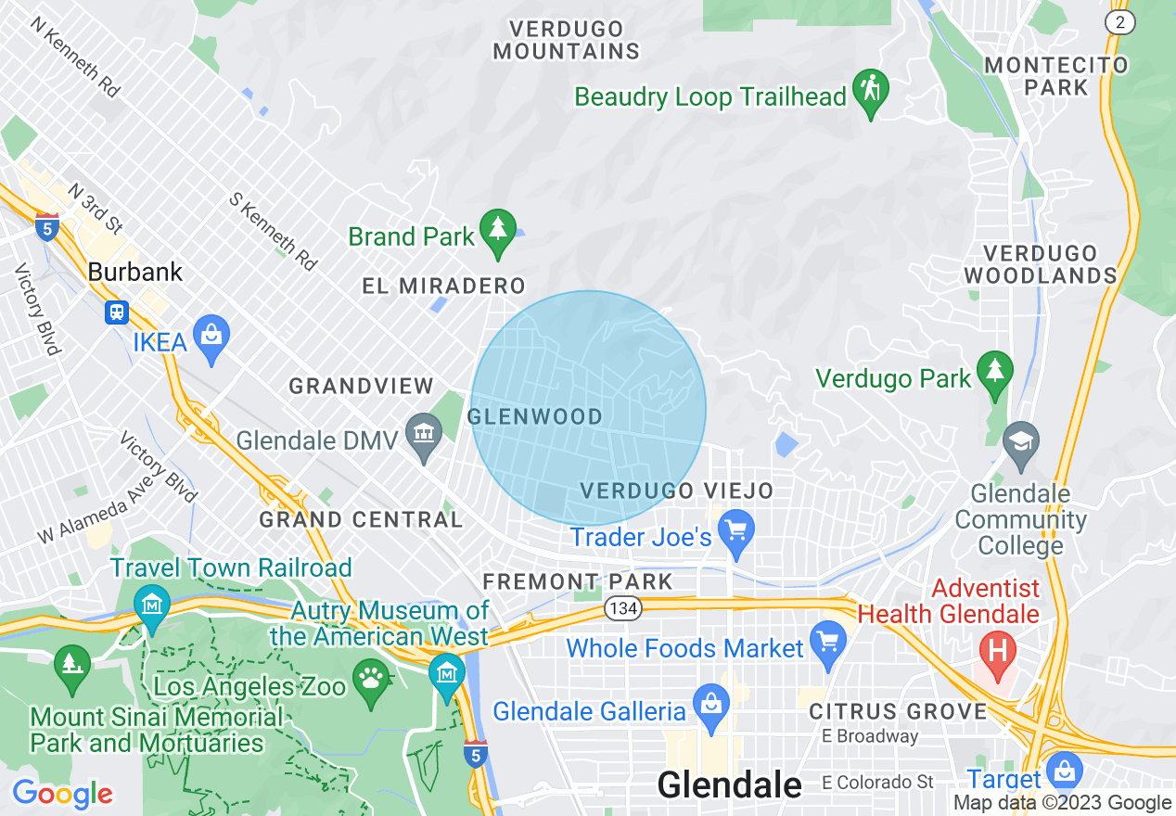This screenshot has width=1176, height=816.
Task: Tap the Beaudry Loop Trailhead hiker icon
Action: point(871,90)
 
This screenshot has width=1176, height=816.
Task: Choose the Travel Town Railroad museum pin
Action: point(151,606)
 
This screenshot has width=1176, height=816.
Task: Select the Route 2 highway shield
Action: point(1121,22)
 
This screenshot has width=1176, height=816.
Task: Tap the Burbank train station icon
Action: point(117,312)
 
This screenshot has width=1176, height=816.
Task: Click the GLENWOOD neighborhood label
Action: point(536,416)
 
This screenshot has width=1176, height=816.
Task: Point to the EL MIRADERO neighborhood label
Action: point(443,287)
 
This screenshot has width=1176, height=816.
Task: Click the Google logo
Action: point(62,794)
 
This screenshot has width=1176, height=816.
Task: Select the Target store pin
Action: point(1063,771)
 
